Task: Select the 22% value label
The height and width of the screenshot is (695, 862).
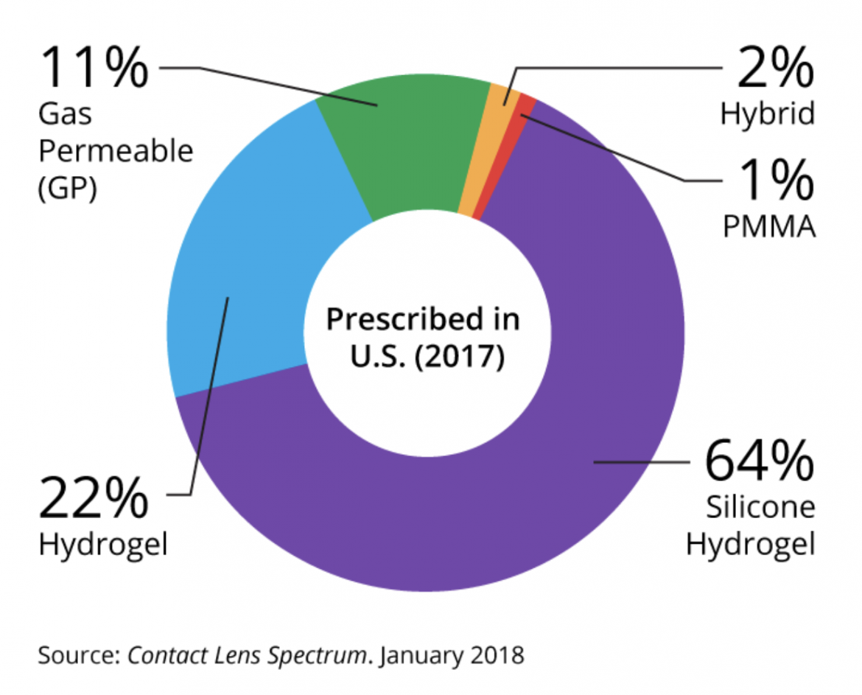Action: tap(93, 498)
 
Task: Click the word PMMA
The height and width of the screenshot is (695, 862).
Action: tap(769, 228)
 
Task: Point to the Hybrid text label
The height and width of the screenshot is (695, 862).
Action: tap(767, 114)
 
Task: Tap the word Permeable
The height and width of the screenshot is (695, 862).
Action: tap(115, 152)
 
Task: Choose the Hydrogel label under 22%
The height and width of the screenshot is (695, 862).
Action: tap(103, 545)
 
